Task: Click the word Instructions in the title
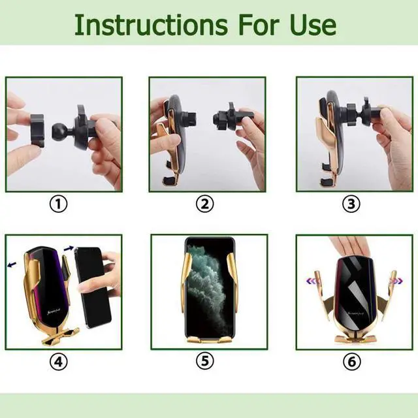(x=151, y=25)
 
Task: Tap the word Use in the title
(x=313, y=25)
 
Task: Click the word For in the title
(x=259, y=25)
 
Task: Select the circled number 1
(x=59, y=204)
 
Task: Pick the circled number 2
(x=204, y=204)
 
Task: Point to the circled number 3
(x=351, y=204)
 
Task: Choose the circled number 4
(x=59, y=362)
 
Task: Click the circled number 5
(x=204, y=361)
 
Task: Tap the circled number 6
(x=351, y=362)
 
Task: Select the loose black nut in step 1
(x=37, y=130)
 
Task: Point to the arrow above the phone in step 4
(x=69, y=248)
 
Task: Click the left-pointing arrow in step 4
(x=12, y=265)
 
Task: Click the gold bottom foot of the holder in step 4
(x=61, y=337)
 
